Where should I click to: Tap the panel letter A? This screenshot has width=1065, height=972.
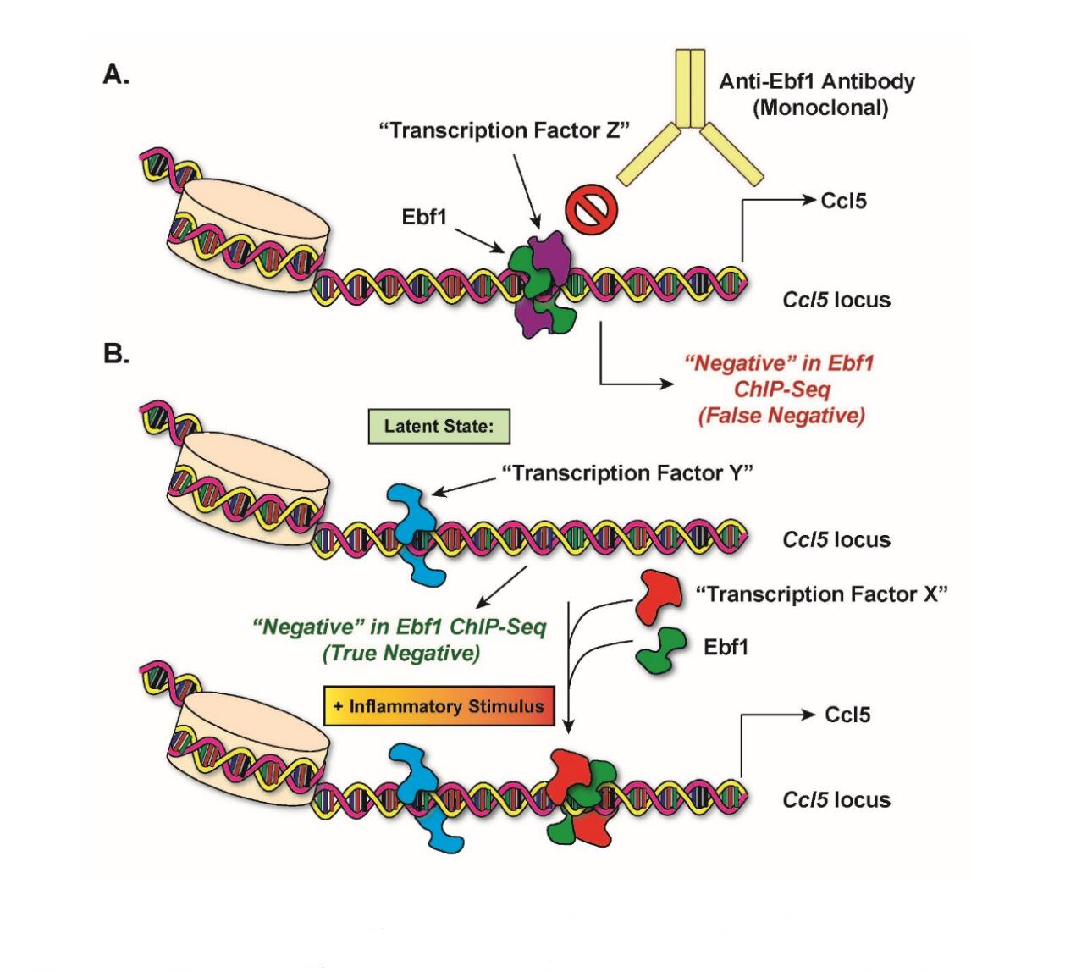[x=116, y=75]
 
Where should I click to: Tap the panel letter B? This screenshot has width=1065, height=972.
[x=116, y=353]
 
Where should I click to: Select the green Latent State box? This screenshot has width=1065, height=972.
[x=439, y=426]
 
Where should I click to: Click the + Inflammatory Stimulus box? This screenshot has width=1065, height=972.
[x=439, y=706]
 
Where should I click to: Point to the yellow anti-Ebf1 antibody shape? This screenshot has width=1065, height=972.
[x=691, y=127]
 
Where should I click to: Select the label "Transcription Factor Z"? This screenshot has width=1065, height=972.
[x=506, y=130]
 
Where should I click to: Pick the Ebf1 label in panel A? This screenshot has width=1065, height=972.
[x=423, y=217]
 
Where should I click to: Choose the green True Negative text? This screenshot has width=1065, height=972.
[x=400, y=640]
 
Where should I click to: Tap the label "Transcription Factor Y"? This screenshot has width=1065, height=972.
[x=627, y=472]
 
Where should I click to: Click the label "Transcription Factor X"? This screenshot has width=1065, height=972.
[x=821, y=594]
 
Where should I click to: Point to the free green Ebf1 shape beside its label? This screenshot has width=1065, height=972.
[x=661, y=648]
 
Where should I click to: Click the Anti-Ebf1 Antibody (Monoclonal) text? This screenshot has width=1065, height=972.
[x=817, y=94]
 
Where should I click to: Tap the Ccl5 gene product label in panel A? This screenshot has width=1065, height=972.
[x=843, y=202]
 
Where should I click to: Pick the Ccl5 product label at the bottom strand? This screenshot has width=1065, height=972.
[x=847, y=715]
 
